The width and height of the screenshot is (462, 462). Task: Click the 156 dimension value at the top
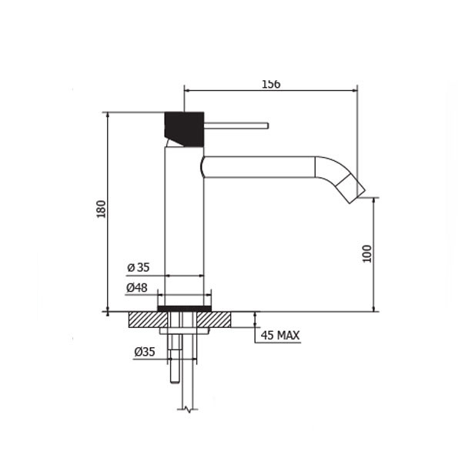pyautogui.click(x=270, y=84)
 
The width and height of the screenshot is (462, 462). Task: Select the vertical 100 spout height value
pyautogui.click(x=367, y=253)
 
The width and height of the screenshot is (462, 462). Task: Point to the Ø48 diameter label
pyautogui.click(x=137, y=287)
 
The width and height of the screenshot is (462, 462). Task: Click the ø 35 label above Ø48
pyautogui.click(x=138, y=268)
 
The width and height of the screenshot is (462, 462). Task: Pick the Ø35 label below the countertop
pyautogui.click(x=144, y=352)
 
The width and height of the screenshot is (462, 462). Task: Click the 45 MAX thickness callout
pyautogui.click(x=280, y=336)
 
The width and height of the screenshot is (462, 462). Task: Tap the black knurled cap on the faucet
pyautogui.click(x=185, y=128)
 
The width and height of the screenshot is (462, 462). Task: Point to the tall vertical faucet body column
pyautogui.click(x=184, y=223)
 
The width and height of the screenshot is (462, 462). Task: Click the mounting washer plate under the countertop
pyautogui.click(x=184, y=330)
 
